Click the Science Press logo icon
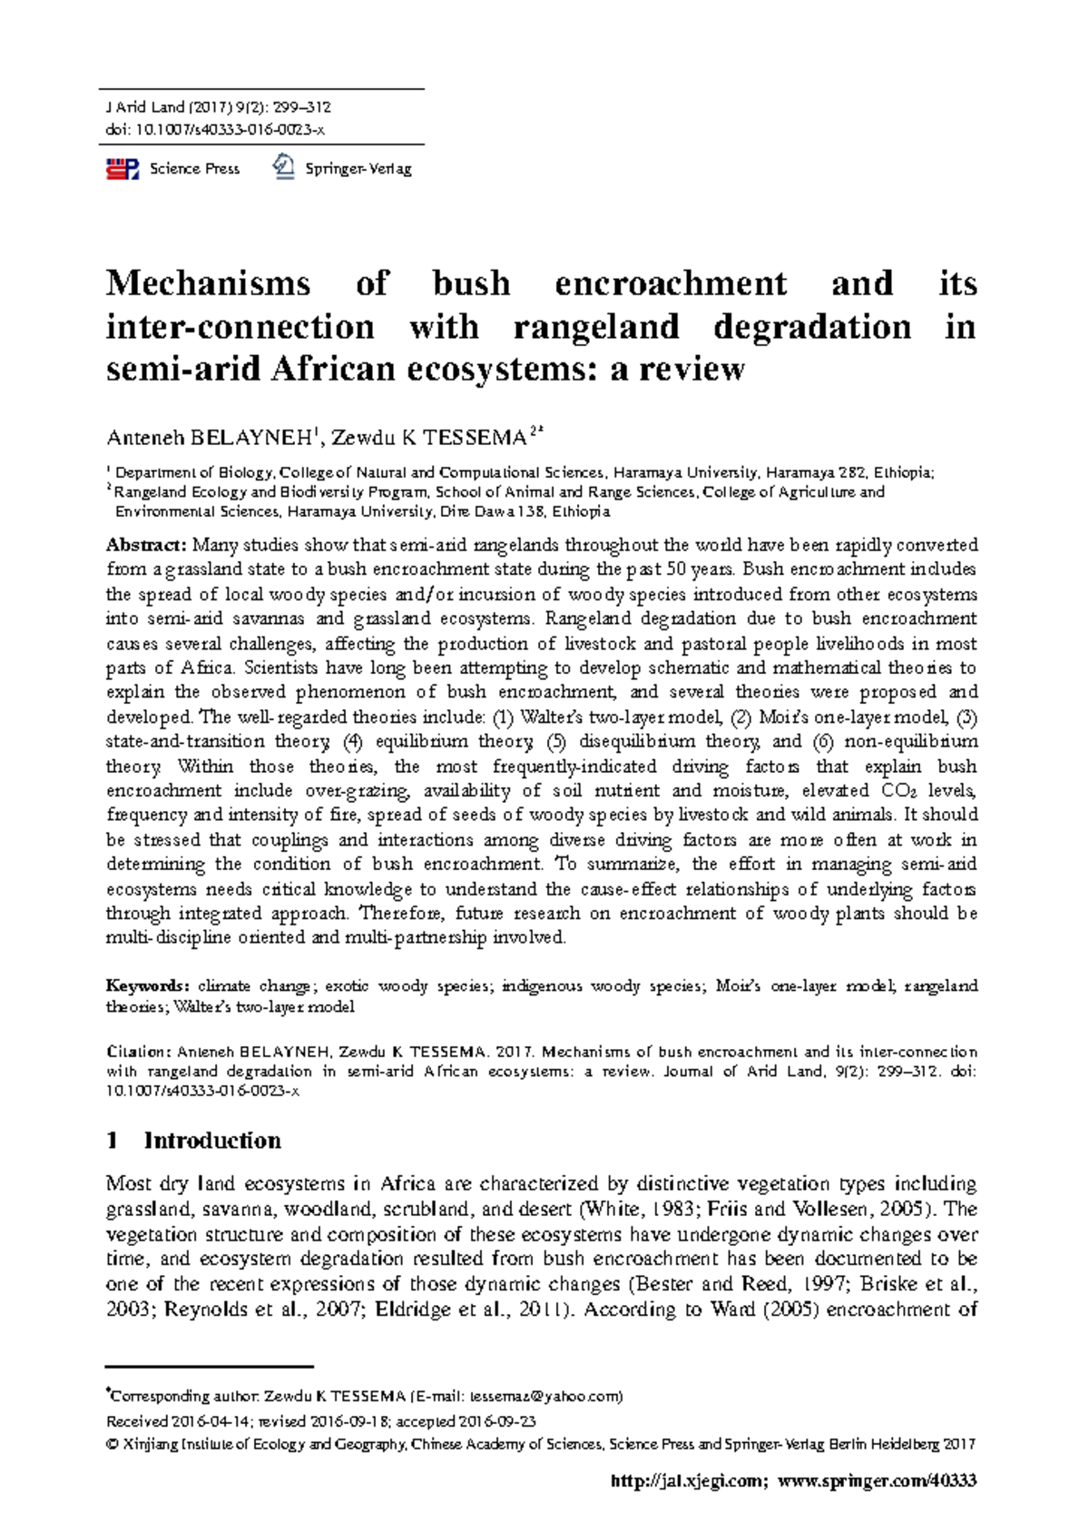(x=122, y=169)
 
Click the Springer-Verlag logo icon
(x=284, y=167)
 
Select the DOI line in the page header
(x=215, y=129)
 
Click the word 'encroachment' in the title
(x=671, y=283)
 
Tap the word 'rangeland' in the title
(x=595, y=327)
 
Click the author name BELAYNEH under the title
(x=250, y=439)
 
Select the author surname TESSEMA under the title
(x=475, y=439)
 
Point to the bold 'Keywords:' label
(x=147, y=985)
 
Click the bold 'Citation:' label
(x=138, y=1052)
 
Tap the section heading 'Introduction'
(x=212, y=1141)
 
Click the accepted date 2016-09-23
(x=496, y=1421)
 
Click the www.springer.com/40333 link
(x=878, y=1481)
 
